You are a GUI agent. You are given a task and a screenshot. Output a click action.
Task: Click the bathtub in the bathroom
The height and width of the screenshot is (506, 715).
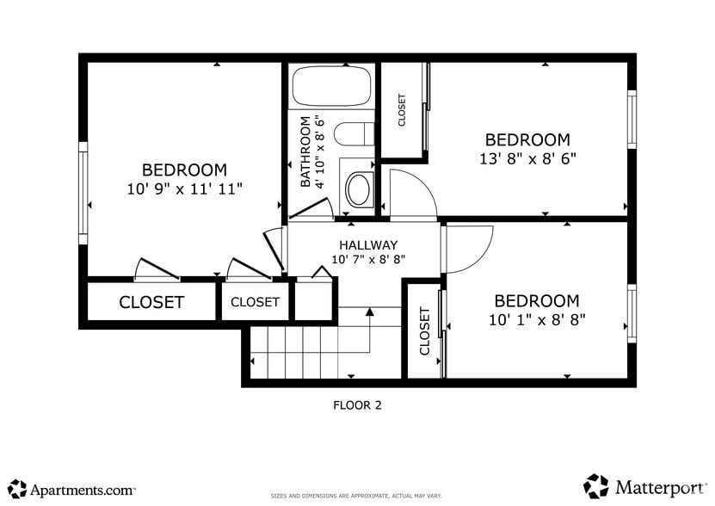pyautogui.click(x=331, y=87)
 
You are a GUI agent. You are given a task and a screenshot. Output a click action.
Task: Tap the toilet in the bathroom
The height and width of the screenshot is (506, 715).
pyautogui.click(x=353, y=133)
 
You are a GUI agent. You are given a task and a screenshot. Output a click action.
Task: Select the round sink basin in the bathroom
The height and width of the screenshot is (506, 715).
pyautogui.click(x=358, y=189)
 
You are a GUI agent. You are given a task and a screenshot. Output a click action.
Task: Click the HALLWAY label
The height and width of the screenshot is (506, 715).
pyautogui.click(x=367, y=245)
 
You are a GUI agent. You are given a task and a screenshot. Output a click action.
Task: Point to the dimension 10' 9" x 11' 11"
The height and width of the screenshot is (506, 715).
pyautogui.click(x=185, y=188)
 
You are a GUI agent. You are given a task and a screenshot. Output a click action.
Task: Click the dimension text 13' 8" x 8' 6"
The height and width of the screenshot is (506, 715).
pyautogui.click(x=527, y=158)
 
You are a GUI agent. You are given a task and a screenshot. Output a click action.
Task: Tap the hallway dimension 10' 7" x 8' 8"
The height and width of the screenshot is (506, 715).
pyautogui.click(x=367, y=260)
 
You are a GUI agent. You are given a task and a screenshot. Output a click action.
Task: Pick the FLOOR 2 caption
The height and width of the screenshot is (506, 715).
pyautogui.click(x=357, y=404)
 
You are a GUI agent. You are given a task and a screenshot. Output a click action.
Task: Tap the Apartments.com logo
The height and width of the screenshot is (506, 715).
pyautogui.click(x=72, y=489)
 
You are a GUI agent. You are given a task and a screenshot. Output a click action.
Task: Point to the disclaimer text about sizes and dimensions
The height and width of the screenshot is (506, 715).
pyautogui.click(x=356, y=497)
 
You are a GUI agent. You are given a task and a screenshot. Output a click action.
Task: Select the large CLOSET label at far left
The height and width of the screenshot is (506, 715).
pyautogui.click(x=151, y=303)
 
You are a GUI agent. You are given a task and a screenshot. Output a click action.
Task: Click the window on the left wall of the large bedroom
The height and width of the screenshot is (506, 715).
pyautogui.click(x=83, y=188)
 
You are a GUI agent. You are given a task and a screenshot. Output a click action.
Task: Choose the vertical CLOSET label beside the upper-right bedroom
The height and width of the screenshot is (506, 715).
pyautogui.click(x=402, y=111)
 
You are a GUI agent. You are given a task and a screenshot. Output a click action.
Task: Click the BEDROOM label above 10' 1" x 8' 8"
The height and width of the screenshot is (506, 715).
pyautogui.click(x=536, y=301)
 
